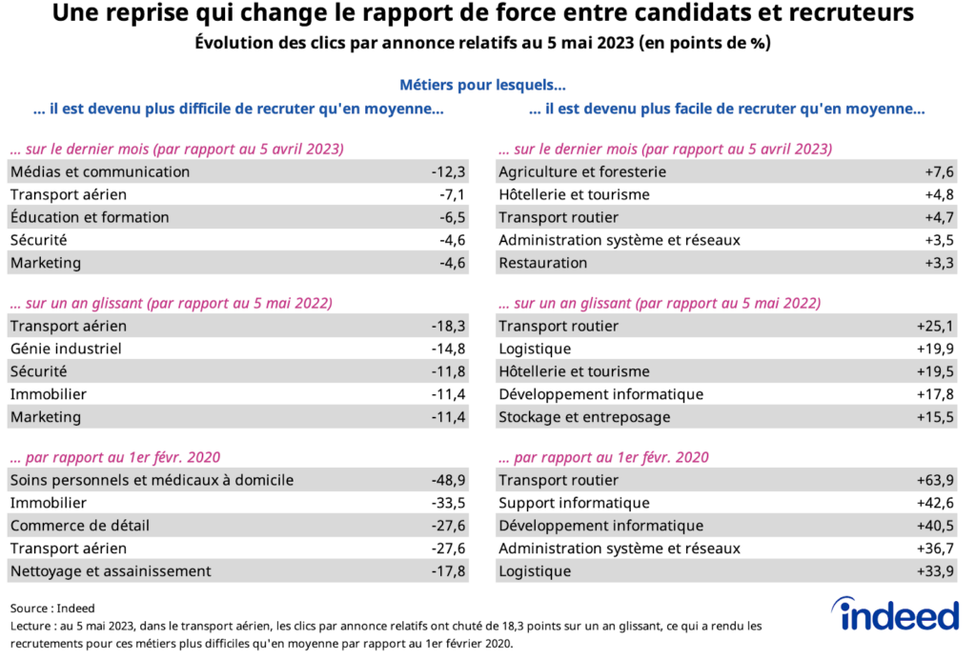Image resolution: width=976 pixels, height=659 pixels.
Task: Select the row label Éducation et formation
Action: (90, 218)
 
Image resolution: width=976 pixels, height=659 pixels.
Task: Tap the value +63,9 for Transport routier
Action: (937, 481)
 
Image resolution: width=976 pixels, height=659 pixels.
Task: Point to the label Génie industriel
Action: (66, 349)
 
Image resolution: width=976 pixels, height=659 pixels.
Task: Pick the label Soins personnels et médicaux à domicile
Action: (152, 481)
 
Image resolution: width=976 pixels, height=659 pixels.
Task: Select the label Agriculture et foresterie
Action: (582, 172)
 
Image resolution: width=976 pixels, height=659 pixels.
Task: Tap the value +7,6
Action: (940, 172)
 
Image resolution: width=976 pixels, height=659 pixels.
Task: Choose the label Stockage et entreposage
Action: (584, 418)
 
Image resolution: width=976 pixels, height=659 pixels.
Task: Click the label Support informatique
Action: (574, 504)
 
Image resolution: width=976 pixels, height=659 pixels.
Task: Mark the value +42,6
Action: (937, 504)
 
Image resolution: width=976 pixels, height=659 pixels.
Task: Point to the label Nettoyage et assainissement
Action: (111, 572)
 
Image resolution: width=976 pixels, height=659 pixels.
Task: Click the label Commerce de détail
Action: (80, 527)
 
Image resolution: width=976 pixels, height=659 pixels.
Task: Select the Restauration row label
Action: (542, 264)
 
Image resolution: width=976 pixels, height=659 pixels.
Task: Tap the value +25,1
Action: (937, 327)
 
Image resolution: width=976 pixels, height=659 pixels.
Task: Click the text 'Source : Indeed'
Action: (53, 609)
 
